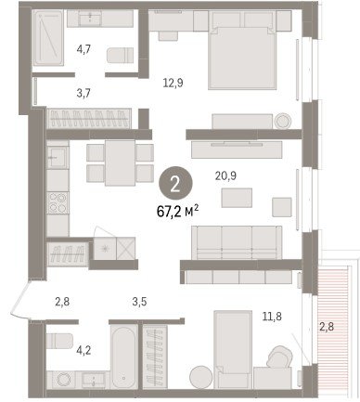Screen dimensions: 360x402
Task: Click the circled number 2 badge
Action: coord(175,184)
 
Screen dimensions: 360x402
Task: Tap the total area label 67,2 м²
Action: coord(177,212)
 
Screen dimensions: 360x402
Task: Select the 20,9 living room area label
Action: coord(225,175)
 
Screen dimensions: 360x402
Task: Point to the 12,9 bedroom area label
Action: coord(173,83)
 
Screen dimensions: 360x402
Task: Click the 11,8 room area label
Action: coord(272,317)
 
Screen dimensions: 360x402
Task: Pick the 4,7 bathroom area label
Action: coord(84,49)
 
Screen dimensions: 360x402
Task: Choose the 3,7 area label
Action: coord(84,93)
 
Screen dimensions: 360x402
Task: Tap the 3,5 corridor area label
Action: coord(139,302)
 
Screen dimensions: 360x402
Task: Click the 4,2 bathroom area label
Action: coord(84,351)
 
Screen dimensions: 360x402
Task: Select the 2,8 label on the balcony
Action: coord(327,326)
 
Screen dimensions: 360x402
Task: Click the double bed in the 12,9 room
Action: coord(242,58)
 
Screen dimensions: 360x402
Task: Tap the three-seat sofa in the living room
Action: coord(237,242)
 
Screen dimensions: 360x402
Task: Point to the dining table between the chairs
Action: coord(120,162)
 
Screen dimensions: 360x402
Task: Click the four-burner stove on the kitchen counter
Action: coord(58,202)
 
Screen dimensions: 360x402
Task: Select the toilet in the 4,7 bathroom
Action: coord(121,55)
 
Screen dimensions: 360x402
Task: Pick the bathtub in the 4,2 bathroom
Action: coord(124,356)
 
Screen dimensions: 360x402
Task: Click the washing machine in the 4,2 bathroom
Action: coord(64,380)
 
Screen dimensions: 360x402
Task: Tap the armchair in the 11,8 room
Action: coord(280,357)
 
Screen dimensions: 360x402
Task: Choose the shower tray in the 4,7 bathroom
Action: coord(48,38)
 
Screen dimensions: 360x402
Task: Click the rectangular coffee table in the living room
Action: coord(237,198)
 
